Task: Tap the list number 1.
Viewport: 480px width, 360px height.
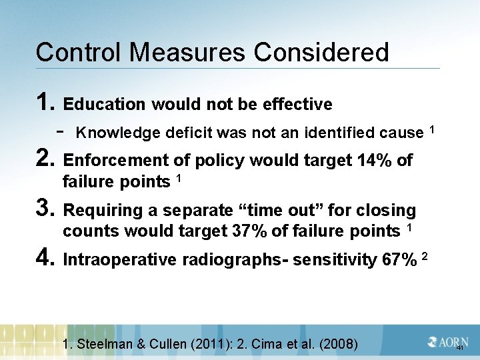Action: (x=45, y=103)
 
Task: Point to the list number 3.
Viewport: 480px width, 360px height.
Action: (x=45, y=209)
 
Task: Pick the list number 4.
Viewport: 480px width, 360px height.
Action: (x=45, y=259)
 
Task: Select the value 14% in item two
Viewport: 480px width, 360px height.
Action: (x=377, y=161)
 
